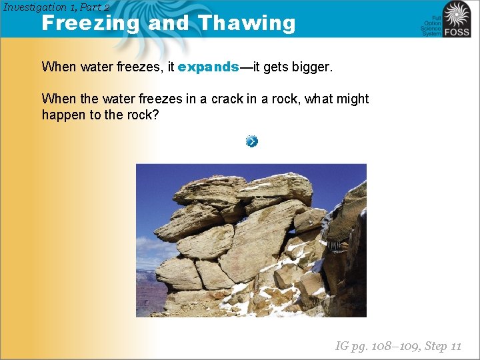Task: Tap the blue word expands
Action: [208, 67]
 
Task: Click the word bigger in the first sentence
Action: [309, 67]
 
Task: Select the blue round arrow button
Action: [251, 141]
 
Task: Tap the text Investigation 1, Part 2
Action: [56, 7]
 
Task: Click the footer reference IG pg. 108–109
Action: [377, 345]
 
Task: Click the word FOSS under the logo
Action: [457, 31]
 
